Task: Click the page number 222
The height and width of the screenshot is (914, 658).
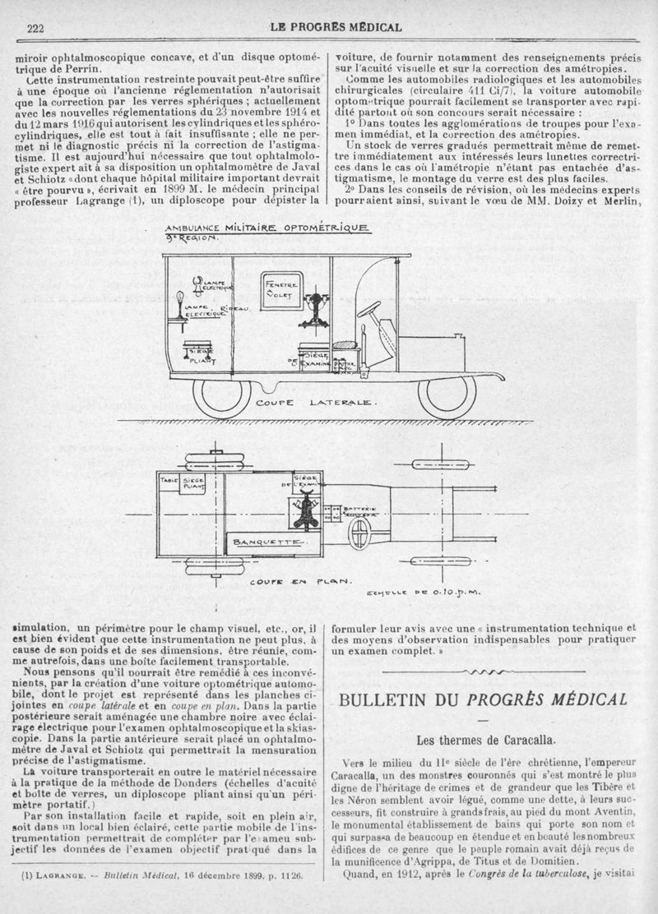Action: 35,27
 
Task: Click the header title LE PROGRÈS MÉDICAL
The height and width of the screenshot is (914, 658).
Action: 336,27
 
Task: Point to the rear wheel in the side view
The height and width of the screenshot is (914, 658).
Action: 222,395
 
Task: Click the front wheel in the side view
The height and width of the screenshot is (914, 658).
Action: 446,395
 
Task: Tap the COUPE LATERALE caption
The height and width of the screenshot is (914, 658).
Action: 316,404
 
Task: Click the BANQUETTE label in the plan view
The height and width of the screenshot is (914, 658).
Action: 269,542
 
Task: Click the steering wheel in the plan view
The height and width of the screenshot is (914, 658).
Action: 359,533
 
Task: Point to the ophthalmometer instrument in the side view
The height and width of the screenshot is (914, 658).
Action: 315,310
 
